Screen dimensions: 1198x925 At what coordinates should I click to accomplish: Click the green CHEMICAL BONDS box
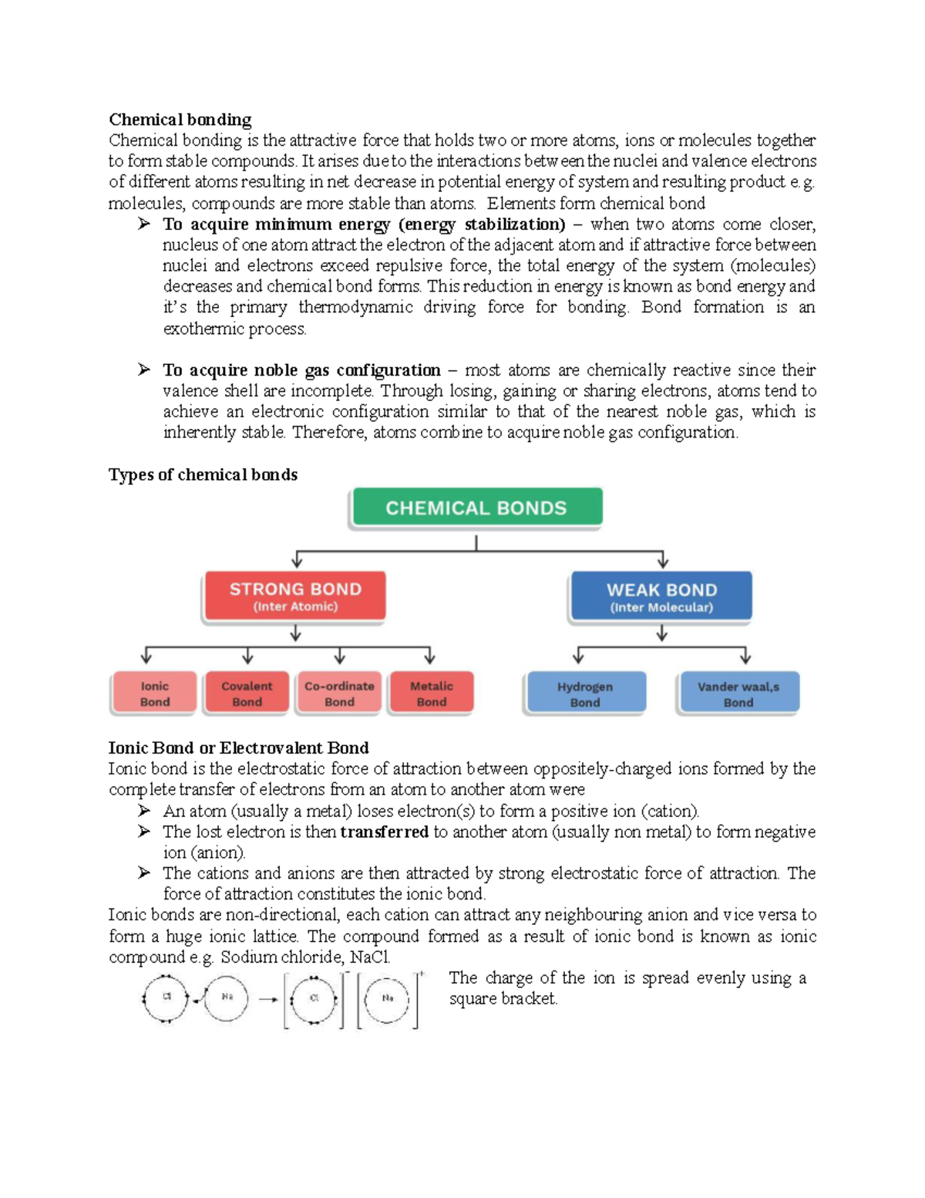click(x=476, y=508)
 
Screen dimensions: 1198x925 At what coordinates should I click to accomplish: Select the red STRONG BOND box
click(x=294, y=596)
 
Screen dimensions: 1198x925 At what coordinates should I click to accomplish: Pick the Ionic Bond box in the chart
click(x=155, y=693)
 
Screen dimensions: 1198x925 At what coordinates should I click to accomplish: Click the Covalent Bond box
click(x=247, y=693)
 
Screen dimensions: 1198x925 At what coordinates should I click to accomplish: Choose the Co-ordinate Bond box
click(x=339, y=693)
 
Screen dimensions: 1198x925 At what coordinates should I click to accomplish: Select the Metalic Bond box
click(x=431, y=693)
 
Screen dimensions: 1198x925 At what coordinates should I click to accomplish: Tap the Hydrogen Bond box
click(x=584, y=693)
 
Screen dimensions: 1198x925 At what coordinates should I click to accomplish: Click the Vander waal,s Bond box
click(x=738, y=693)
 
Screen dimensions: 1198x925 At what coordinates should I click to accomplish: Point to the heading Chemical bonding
click(x=180, y=120)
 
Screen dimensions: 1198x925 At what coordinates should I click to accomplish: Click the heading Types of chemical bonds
click(x=203, y=474)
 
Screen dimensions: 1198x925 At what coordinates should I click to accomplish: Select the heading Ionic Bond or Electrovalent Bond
click(x=238, y=747)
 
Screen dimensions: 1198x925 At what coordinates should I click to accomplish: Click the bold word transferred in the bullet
click(x=384, y=832)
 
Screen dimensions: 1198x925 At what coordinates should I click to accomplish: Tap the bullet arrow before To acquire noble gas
click(x=144, y=370)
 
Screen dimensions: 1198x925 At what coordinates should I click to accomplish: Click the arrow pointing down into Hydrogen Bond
click(x=578, y=656)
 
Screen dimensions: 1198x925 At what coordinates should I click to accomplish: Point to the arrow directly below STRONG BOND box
click(x=295, y=634)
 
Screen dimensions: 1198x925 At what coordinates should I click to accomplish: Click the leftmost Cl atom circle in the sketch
click(x=166, y=998)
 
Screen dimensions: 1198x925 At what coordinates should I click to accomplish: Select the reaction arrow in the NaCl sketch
click(x=268, y=1000)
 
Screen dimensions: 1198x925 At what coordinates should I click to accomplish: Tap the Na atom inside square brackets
click(x=387, y=999)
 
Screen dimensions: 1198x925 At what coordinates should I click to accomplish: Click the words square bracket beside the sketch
click(x=502, y=998)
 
